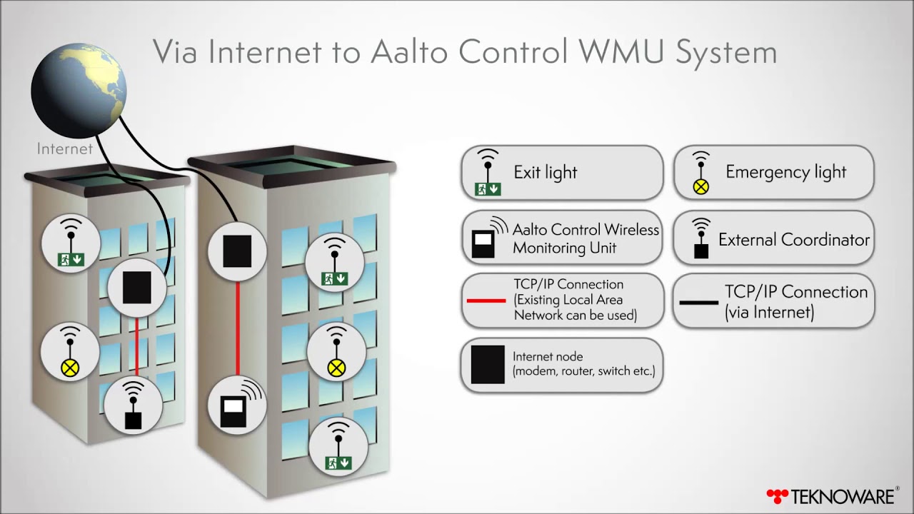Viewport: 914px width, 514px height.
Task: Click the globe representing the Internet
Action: [79, 89]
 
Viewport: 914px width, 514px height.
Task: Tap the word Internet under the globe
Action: [65, 148]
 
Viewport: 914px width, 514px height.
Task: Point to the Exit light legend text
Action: [546, 173]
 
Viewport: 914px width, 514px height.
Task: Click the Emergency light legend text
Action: [785, 172]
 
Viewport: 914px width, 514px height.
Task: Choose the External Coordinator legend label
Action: [794, 240]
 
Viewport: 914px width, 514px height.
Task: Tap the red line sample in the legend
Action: [486, 301]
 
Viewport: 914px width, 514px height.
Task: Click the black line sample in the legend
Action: [698, 303]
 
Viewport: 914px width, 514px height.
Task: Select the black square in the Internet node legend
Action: [488, 364]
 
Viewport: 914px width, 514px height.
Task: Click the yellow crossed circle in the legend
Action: [701, 187]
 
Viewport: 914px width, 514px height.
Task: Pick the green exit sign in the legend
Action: [488, 189]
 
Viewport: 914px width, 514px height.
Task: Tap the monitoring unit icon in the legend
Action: [483, 243]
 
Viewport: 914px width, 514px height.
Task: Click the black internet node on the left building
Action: [136, 288]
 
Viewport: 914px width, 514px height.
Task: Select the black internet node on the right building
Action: [237, 252]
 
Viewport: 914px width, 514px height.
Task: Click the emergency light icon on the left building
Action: [70, 368]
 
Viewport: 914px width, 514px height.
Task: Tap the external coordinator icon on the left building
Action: [133, 420]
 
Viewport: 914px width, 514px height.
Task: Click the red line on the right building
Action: [237, 328]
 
